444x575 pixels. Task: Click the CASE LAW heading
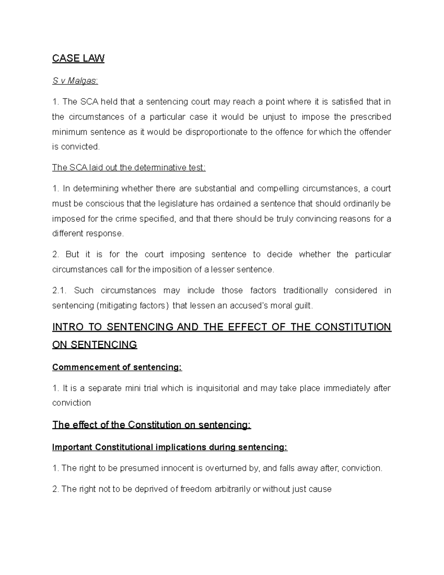tap(78, 58)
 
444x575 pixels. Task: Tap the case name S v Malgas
tap(75, 81)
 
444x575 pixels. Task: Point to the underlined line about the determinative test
tap(129, 168)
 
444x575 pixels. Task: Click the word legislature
tap(178, 204)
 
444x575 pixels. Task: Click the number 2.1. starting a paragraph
tap(59, 291)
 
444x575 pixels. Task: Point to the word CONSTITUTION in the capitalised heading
tap(355, 327)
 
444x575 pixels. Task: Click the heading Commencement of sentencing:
tap(117, 367)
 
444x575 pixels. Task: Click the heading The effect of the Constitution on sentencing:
tap(152, 425)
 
